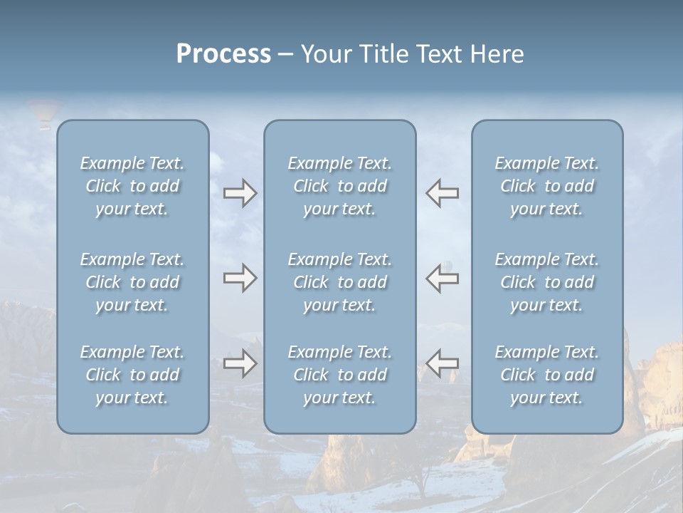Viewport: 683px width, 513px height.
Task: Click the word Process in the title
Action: point(223,54)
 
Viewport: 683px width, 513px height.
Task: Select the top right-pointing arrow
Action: point(240,193)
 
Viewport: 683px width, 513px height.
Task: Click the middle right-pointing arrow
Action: point(240,278)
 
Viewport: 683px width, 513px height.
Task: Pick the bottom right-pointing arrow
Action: point(240,363)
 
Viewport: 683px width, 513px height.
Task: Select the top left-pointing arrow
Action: point(443,193)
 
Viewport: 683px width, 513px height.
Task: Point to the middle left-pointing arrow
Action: point(443,278)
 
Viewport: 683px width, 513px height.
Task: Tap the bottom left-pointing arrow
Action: point(443,363)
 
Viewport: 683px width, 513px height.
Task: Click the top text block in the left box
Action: point(132,186)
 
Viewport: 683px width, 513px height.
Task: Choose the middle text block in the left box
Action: point(132,282)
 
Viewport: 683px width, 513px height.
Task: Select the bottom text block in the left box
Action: point(132,375)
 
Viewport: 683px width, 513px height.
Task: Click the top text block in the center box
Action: point(340,186)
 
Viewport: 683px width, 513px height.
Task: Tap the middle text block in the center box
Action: point(340,282)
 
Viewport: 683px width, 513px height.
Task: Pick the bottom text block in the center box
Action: point(340,375)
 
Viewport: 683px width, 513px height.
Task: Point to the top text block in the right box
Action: point(547,186)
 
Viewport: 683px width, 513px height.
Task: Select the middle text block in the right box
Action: point(547,282)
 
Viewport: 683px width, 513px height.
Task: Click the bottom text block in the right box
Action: point(547,375)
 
